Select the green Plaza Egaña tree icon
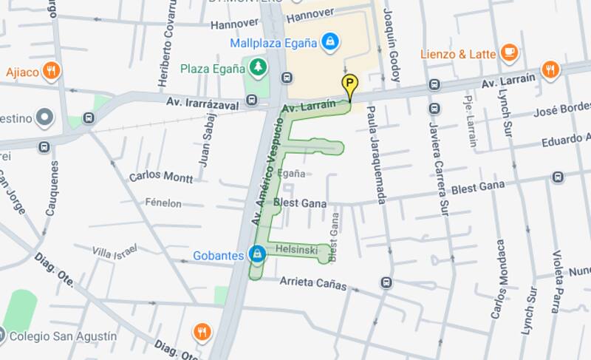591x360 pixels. (257, 68)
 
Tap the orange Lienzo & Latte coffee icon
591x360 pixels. (508, 52)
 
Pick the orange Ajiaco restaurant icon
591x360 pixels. (51, 72)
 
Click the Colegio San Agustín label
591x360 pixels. (67, 336)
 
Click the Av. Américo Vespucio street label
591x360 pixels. (267, 171)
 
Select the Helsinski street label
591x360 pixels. (296, 251)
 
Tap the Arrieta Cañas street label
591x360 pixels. (312, 283)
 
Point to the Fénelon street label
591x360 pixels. (163, 202)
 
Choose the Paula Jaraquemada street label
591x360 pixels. (376, 154)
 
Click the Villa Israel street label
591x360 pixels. (115, 252)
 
